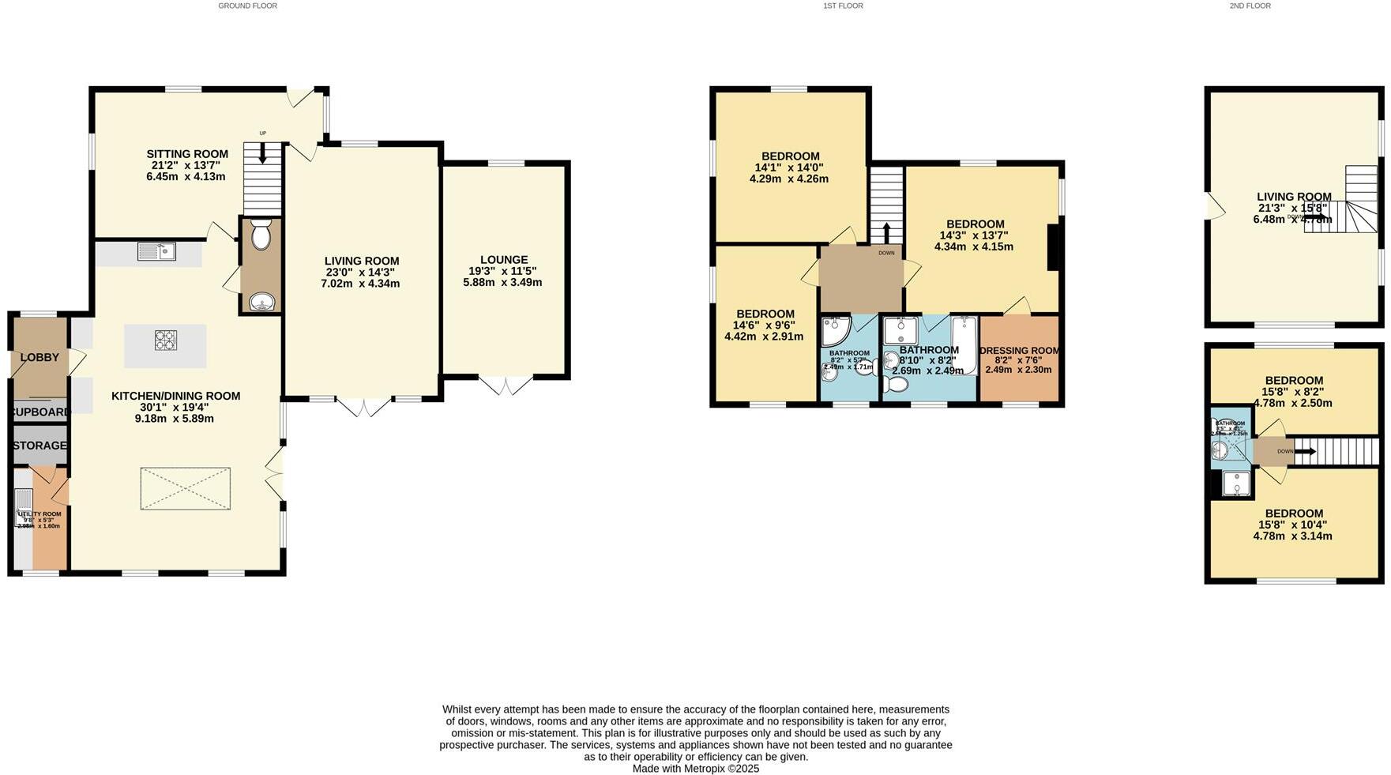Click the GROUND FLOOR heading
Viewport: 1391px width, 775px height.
247,6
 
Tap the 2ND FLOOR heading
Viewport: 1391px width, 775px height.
1250,6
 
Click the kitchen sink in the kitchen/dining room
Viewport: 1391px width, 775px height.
156,252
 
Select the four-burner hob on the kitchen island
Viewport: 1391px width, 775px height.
166,340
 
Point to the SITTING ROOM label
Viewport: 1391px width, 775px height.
187,154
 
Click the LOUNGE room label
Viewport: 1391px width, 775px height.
504,259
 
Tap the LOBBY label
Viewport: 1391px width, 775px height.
39,357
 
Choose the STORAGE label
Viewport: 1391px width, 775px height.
39,446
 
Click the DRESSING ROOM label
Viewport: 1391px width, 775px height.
1019,351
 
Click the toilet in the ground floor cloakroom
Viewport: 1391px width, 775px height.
261,235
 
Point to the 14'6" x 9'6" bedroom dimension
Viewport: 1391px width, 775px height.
763,325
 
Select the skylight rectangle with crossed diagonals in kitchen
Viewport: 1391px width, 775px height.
186,488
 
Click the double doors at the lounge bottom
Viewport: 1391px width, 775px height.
506,385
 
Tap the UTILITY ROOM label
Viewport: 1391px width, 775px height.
39,514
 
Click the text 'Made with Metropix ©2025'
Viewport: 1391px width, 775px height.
695,768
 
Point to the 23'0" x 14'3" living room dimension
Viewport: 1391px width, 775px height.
360,272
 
